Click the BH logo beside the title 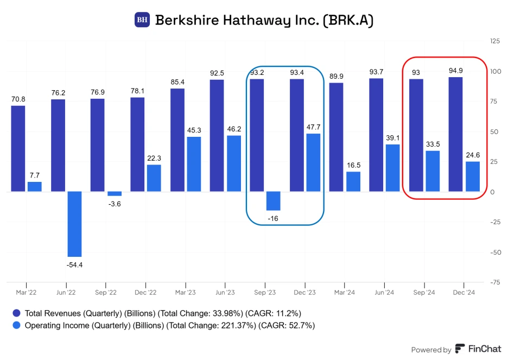(x=142, y=20)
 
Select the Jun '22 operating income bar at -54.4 (x=74, y=224)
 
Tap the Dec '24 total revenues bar (x=456, y=134)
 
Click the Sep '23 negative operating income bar (x=273, y=201)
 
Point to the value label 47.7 (x=313, y=127)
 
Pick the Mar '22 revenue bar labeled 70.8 (x=18, y=148)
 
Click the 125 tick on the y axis (x=495, y=41)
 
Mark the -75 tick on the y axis (x=494, y=282)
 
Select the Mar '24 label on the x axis (x=344, y=293)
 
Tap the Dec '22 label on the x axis (x=145, y=293)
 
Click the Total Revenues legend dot (x=16, y=313)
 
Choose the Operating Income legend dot (x=16, y=326)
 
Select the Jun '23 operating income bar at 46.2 (x=233, y=163)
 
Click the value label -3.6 (x=114, y=204)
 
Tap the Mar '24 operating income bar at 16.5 (x=353, y=181)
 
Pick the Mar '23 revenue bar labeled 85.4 (x=177, y=140)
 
